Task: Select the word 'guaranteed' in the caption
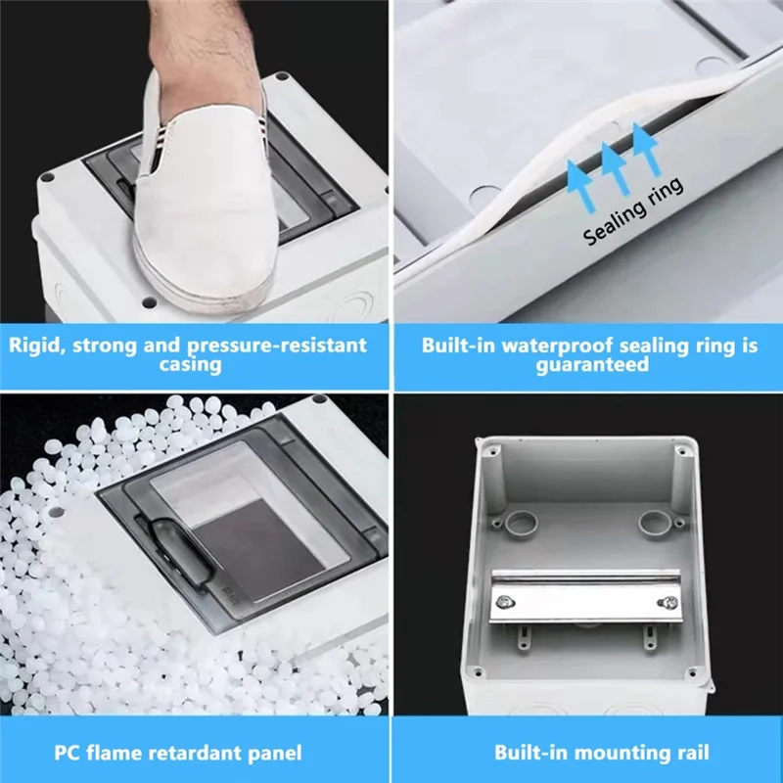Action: [x=591, y=365]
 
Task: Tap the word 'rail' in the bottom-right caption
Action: [x=691, y=753]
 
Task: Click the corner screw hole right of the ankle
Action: [x=282, y=77]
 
